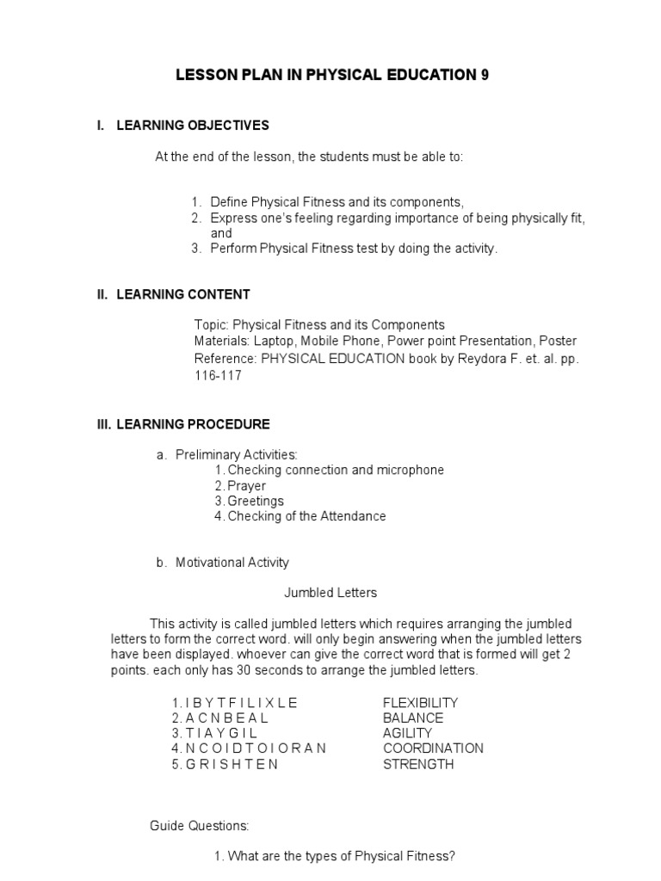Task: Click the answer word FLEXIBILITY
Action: (421, 702)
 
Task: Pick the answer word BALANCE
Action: (413, 718)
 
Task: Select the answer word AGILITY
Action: (407, 733)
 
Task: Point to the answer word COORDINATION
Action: (433, 749)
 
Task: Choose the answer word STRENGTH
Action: (418, 764)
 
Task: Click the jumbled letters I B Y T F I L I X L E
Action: (240, 702)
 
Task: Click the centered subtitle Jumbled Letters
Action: (330, 593)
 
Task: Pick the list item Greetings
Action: (255, 501)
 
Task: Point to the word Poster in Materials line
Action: (558, 341)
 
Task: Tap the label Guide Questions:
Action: (200, 826)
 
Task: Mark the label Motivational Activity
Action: (232, 563)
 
